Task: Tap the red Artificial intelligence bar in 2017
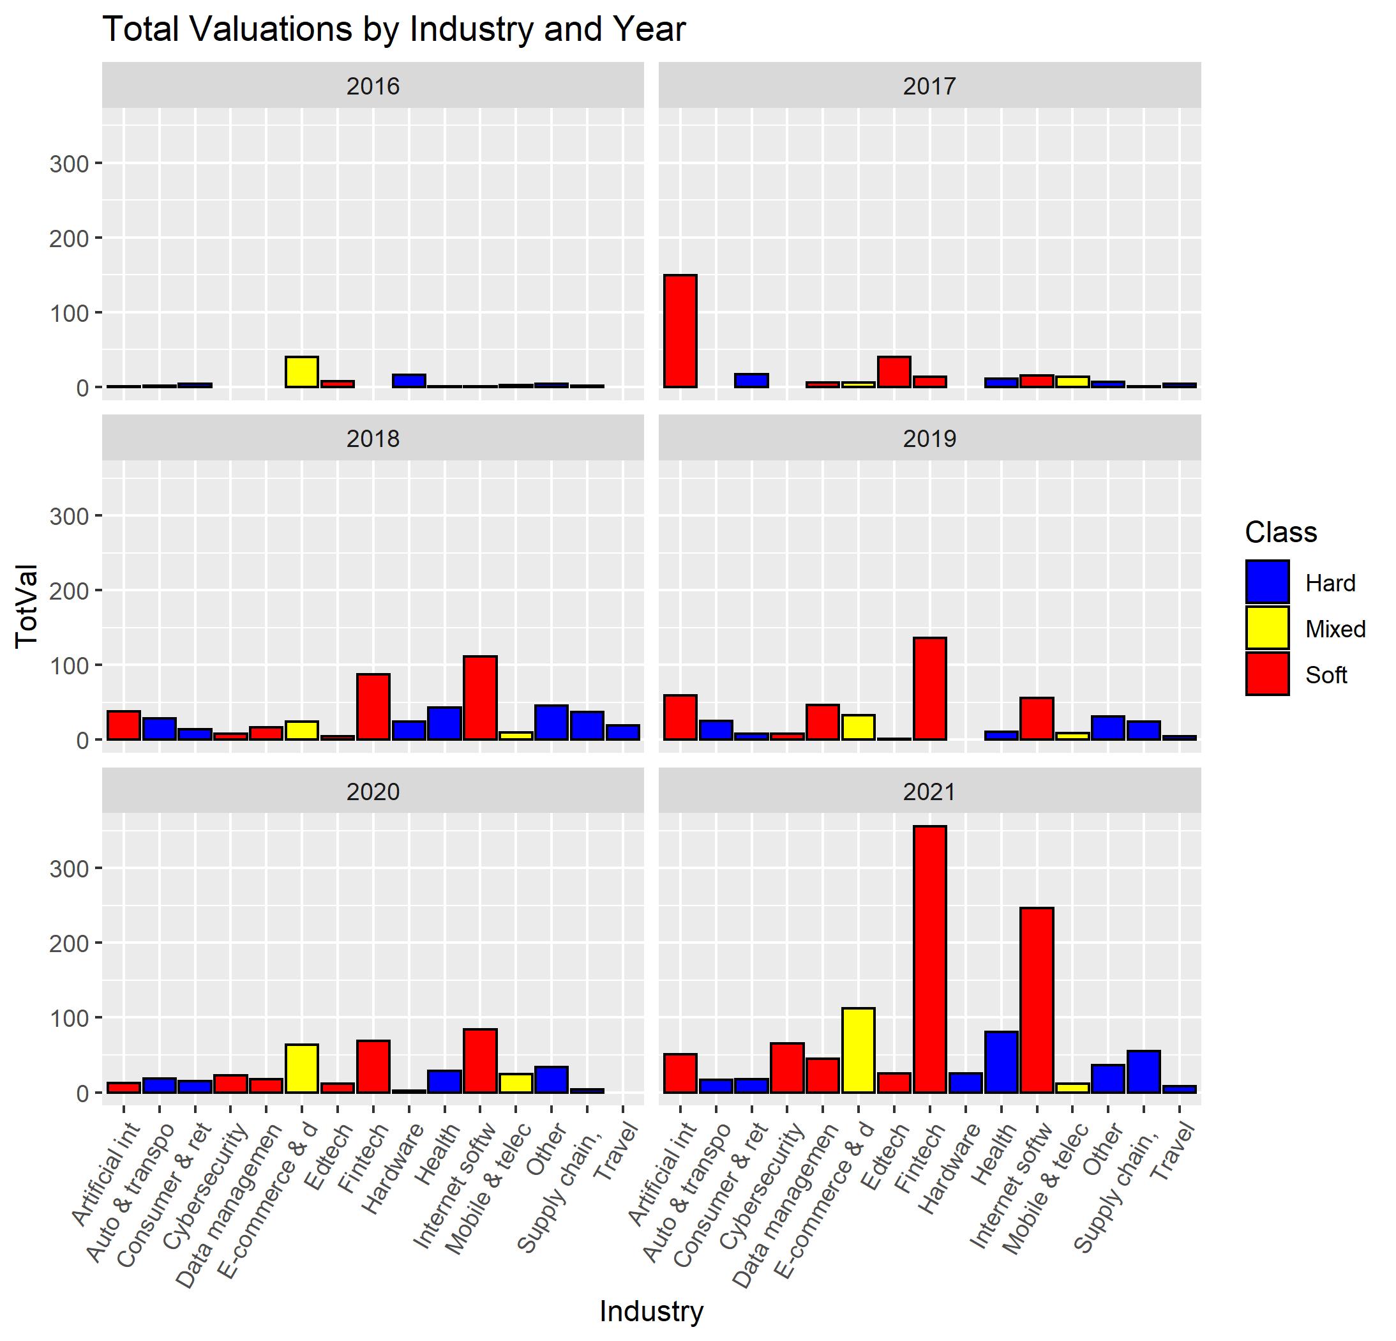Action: point(680,331)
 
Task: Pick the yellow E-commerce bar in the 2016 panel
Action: point(301,371)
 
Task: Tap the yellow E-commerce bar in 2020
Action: point(301,1068)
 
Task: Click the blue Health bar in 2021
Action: point(1001,1062)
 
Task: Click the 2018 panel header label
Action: point(373,439)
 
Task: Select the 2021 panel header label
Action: point(929,792)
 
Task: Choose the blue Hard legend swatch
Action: point(1267,582)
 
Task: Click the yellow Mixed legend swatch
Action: point(1267,628)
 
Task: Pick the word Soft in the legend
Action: point(1326,675)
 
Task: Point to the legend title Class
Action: point(1280,533)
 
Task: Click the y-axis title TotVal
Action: point(27,605)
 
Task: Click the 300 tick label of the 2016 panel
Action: point(69,164)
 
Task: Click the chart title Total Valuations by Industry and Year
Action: point(394,30)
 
